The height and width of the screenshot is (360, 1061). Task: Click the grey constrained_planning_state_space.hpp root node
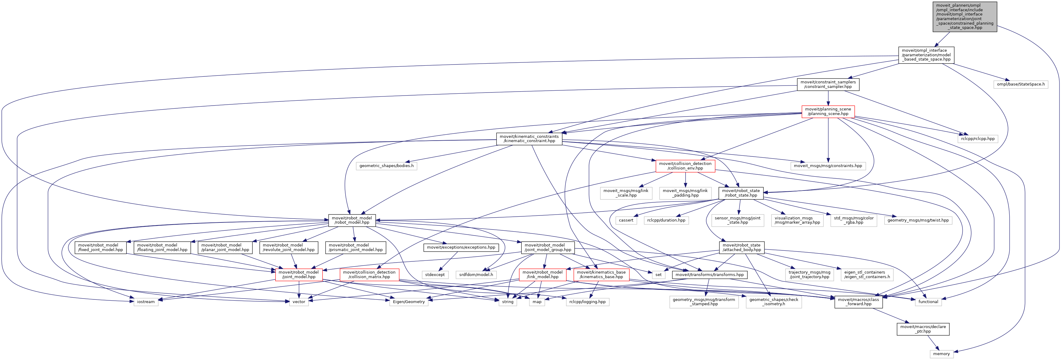(965, 16)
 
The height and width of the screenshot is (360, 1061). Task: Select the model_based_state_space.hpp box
(926, 55)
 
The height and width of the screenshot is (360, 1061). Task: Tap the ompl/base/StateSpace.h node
(1021, 84)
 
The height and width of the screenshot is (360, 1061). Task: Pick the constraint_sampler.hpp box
(828, 84)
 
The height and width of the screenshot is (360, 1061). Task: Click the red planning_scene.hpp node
(828, 112)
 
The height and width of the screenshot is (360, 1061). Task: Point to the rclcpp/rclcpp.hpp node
(977, 139)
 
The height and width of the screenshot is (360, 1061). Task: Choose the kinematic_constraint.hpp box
(529, 139)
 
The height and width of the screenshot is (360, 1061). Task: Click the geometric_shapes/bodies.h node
(386, 166)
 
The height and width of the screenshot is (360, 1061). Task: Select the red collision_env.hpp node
(685, 166)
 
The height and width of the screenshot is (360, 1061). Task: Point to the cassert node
(626, 220)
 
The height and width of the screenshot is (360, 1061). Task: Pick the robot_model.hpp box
(352, 220)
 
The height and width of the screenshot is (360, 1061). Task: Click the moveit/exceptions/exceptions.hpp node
(461, 247)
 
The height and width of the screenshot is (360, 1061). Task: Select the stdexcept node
(435, 275)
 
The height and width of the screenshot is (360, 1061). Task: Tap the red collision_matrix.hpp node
(369, 275)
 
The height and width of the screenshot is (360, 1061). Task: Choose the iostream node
(146, 302)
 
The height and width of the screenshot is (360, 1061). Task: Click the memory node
(941, 354)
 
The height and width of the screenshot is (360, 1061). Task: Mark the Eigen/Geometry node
(409, 302)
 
